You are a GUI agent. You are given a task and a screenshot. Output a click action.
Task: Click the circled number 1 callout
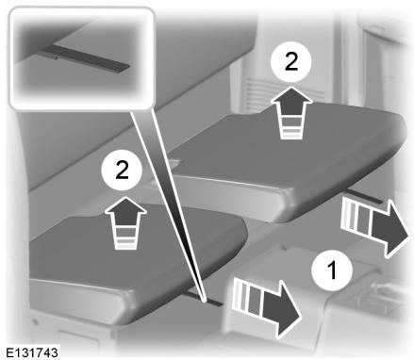point(332,270)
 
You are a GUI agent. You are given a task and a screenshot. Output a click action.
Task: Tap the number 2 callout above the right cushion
point(290,62)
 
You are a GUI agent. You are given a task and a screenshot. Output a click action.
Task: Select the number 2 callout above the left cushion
point(122,171)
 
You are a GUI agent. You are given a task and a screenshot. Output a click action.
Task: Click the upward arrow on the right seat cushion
point(291,112)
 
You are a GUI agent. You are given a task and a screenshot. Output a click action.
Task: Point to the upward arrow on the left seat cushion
point(125,222)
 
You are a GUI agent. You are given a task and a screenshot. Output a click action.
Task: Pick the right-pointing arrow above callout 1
point(374,225)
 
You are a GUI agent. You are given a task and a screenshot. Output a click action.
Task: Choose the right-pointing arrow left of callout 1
point(266,306)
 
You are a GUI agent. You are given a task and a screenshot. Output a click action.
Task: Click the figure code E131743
point(32,352)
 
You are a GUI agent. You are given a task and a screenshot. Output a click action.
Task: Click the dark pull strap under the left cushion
point(205,299)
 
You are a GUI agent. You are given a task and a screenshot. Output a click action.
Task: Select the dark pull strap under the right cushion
point(364,196)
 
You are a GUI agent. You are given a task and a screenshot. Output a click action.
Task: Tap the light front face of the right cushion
point(234,195)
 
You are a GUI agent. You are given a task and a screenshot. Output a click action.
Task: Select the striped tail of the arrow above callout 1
point(356,215)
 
